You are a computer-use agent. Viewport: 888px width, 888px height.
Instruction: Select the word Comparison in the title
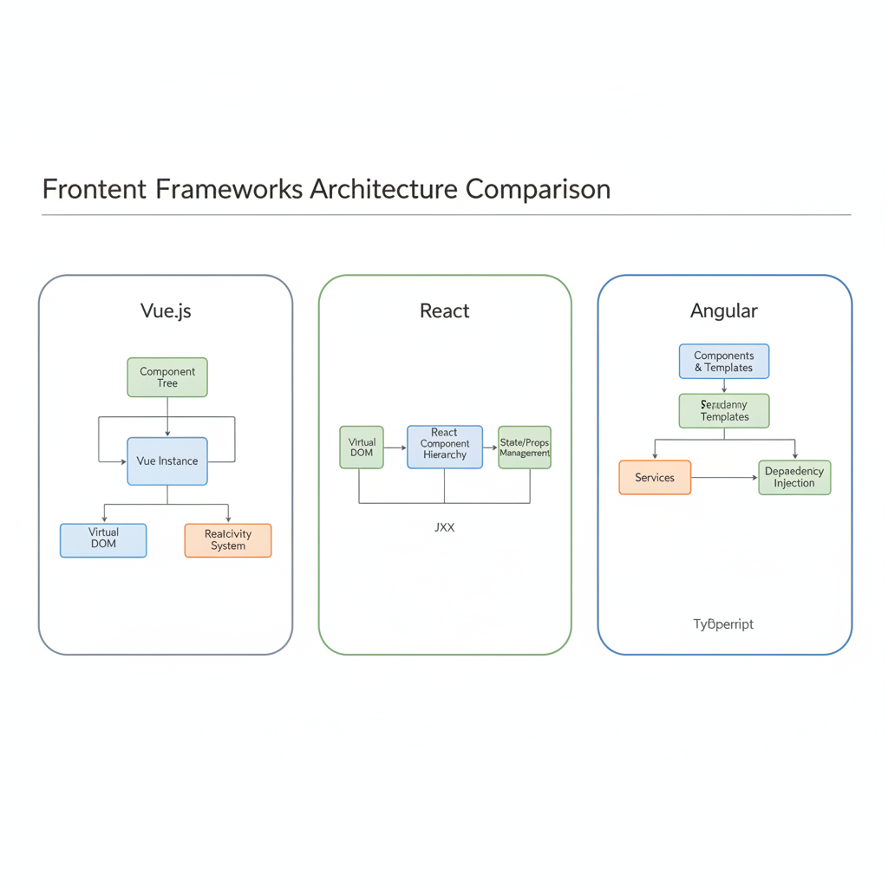[538, 188]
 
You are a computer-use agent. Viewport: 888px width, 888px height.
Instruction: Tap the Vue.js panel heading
[166, 310]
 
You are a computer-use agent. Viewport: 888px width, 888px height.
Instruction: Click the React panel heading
[444, 310]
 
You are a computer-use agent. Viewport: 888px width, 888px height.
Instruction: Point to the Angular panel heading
[724, 310]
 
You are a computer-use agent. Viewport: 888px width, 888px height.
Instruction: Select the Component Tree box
[167, 377]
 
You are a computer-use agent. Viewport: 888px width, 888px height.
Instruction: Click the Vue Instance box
[167, 460]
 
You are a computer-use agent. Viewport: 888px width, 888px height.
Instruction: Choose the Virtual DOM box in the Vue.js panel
[103, 539]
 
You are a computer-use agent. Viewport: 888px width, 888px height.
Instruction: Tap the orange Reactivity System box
[228, 539]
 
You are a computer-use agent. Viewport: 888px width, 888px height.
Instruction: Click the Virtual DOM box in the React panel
[362, 447]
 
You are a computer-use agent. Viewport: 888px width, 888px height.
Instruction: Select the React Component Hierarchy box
[445, 447]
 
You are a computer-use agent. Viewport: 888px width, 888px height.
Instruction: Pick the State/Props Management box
[525, 447]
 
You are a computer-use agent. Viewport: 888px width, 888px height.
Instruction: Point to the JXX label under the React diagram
[444, 527]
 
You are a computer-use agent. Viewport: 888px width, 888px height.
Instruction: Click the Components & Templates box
[724, 362]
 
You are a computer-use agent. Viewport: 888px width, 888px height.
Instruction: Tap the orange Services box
[655, 477]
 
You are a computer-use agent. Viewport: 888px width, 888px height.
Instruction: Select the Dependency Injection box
[794, 477]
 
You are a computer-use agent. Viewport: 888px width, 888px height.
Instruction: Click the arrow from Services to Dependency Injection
[724, 477]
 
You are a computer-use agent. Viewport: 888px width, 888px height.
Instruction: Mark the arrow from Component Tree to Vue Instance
[167, 416]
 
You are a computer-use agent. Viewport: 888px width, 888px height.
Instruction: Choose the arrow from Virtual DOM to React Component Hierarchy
[395, 447]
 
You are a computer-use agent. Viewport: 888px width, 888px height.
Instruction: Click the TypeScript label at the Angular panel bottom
[723, 624]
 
